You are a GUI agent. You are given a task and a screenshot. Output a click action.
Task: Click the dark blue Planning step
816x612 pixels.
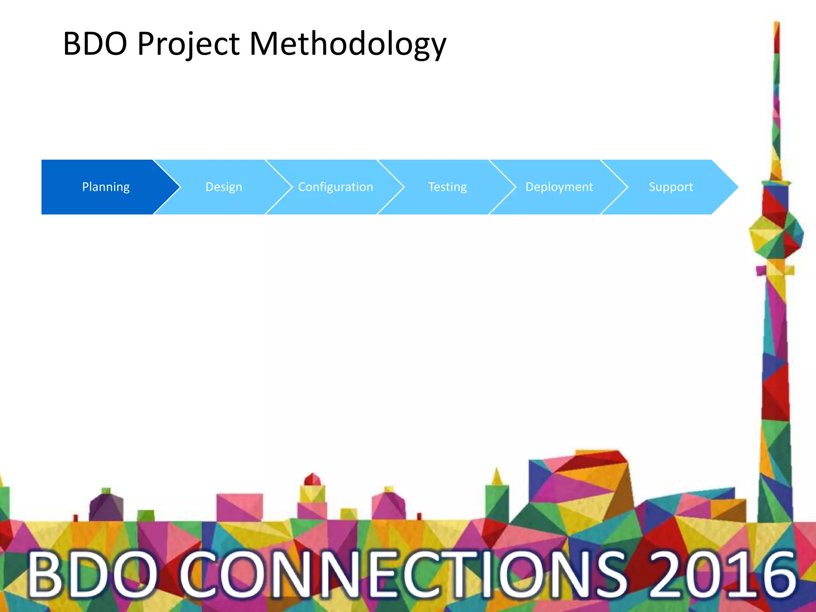106,187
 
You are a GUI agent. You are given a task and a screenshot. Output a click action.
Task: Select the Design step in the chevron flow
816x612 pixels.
224,187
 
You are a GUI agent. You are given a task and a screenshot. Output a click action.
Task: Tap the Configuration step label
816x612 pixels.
335,187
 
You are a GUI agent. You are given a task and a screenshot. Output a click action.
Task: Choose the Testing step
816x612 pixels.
447,187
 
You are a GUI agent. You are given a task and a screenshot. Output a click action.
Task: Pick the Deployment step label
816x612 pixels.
559,187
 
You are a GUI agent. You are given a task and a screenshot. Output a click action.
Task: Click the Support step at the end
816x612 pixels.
671,187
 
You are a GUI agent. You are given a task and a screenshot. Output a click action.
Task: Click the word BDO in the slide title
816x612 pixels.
95,43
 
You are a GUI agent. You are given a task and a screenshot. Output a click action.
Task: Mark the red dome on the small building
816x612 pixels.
312,479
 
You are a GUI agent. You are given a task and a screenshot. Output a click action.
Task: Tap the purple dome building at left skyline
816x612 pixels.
106,506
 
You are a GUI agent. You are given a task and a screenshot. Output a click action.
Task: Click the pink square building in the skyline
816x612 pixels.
239,507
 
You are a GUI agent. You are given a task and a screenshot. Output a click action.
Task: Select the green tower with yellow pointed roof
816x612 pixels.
496,498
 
